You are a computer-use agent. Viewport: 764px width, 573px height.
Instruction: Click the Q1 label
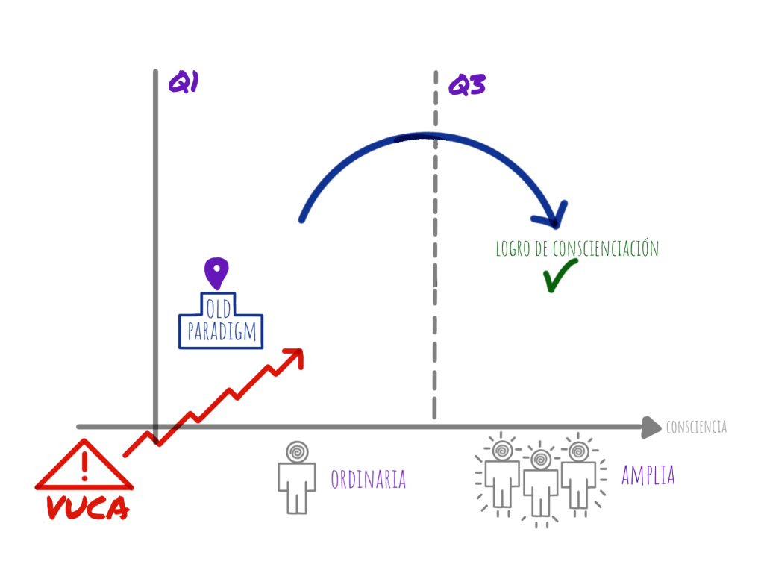182,82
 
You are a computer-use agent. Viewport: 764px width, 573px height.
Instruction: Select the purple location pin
216,272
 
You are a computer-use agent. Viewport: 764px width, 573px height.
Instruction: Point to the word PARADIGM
221,332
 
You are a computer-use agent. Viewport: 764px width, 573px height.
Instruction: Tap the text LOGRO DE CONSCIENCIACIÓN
577,248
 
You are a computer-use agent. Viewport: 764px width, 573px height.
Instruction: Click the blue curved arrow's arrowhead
551,215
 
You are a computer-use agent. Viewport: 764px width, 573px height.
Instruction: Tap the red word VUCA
87,510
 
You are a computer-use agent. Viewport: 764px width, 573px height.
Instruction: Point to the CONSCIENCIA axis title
696,428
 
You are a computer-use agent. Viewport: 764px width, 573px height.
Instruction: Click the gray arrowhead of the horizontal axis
652,427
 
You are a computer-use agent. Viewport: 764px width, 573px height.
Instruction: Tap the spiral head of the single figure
297,451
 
